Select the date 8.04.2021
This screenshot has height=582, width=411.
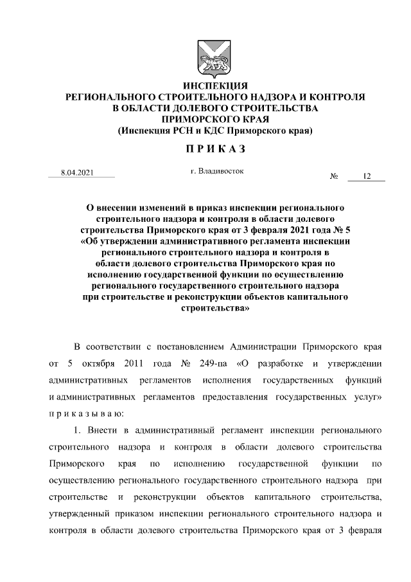pyautogui.click(x=76, y=174)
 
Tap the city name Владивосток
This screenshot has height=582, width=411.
pyautogui.click(x=222, y=171)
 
